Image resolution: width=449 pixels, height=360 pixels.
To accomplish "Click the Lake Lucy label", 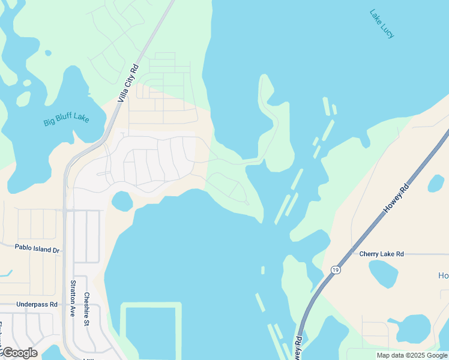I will (x=382, y=24).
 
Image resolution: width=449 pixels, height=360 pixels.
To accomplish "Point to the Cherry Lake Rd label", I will (x=381, y=254).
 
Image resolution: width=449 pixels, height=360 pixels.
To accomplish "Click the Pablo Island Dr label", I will (x=37, y=247).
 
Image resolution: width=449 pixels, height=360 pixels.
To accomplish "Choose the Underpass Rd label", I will (x=37, y=304).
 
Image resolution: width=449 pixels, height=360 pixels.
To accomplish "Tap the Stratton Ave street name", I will (x=73, y=298).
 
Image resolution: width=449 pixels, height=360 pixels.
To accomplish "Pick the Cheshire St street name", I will (x=86, y=309).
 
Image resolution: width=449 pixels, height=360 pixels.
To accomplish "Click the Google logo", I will (x=19, y=353).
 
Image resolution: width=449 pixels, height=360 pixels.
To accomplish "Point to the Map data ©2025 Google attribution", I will (x=412, y=355).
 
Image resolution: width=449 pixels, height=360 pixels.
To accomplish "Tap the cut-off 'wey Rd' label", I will (x=298, y=348).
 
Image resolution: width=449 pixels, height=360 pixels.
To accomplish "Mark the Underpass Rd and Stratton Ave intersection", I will (x=64, y=304).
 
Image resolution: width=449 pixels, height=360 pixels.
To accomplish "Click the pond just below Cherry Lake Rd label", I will (x=383, y=274).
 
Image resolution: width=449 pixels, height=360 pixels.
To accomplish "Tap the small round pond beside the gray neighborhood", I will (x=122, y=201).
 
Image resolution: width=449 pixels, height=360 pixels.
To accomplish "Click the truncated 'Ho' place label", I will (x=443, y=275).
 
